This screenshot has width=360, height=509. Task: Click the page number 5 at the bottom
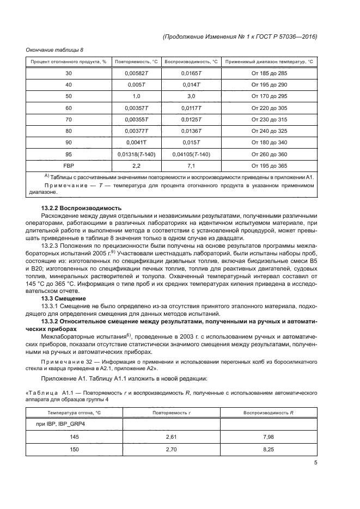pos(316,464)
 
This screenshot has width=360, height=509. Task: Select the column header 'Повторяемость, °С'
pos(136,62)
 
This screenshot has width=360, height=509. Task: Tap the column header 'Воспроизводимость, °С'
pos(191,62)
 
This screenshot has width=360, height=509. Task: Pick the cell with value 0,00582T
pos(136,73)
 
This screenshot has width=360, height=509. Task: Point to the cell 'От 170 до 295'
pos(269,95)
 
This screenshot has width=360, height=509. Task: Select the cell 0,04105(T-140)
pos(191,154)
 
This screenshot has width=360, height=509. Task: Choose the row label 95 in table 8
pos(69,154)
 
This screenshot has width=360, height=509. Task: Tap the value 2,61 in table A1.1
pos(172,437)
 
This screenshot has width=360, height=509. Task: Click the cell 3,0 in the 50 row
pos(191,95)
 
